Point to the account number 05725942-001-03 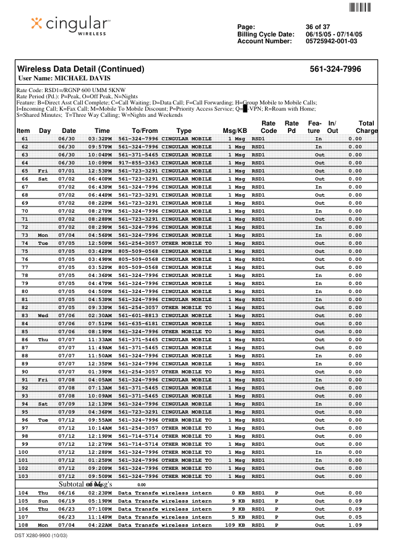point(331,41)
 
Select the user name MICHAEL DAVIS point(64,79)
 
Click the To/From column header point(145,131)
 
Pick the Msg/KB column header point(235,131)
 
